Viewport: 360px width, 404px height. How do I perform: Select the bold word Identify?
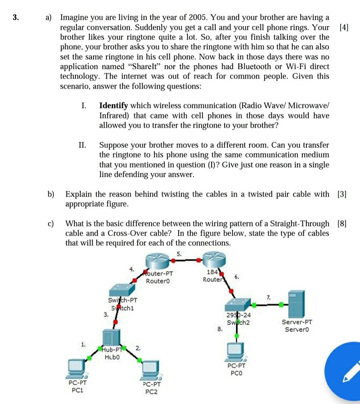point(113,106)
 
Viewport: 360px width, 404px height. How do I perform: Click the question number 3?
point(15,18)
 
